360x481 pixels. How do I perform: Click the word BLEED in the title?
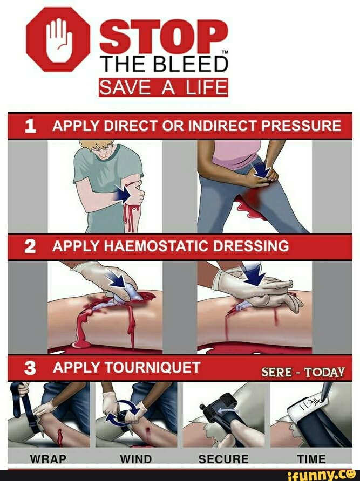[x=191, y=64]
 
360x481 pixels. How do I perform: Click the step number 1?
[x=30, y=126]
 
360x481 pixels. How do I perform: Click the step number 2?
[x=30, y=246]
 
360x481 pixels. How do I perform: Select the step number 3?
[x=30, y=368]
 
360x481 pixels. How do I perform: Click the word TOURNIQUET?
[x=152, y=367]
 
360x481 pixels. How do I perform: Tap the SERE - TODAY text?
[x=303, y=372]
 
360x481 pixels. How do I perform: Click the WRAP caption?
[x=48, y=459]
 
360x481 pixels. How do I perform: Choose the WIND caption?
[x=136, y=459]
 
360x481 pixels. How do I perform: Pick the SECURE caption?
[x=223, y=459]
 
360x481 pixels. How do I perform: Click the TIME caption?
[x=311, y=459]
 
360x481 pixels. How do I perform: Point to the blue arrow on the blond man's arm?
[x=123, y=194]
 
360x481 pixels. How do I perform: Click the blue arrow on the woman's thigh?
[x=261, y=169]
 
